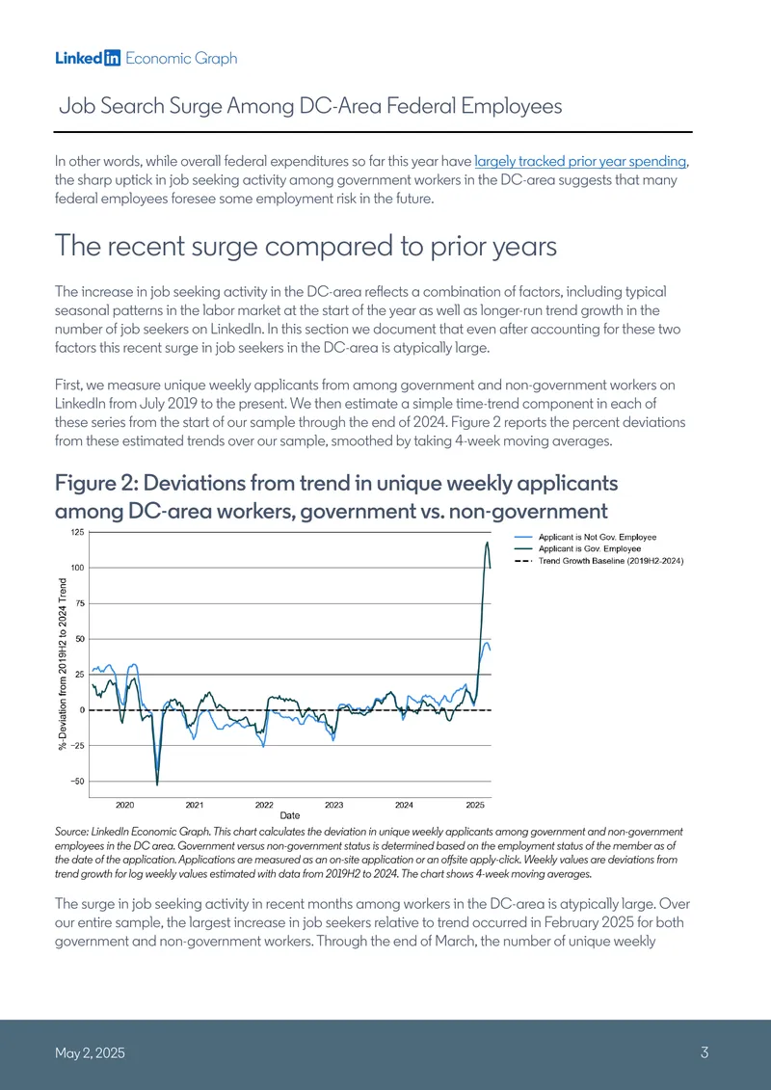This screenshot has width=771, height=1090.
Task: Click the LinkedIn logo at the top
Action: [89, 59]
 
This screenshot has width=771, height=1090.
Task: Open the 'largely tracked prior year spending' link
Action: [580, 161]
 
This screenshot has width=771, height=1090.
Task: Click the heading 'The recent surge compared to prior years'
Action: [306, 246]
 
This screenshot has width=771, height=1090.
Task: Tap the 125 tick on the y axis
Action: [76, 532]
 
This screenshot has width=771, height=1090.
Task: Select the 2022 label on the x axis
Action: [264, 805]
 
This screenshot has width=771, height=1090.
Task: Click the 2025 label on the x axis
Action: [475, 805]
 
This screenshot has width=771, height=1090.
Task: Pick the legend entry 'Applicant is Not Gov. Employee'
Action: [598, 538]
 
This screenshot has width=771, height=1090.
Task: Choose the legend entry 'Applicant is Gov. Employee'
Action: [590, 549]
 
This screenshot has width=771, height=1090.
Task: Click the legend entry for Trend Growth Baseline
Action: [612, 561]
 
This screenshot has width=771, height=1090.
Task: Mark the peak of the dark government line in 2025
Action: [488, 543]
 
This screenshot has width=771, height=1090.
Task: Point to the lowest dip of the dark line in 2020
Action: [157, 784]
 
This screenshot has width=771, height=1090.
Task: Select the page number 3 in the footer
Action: [704, 1052]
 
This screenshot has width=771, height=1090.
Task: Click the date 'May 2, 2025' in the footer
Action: [91, 1053]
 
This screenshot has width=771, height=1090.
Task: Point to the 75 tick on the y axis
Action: [79, 603]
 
